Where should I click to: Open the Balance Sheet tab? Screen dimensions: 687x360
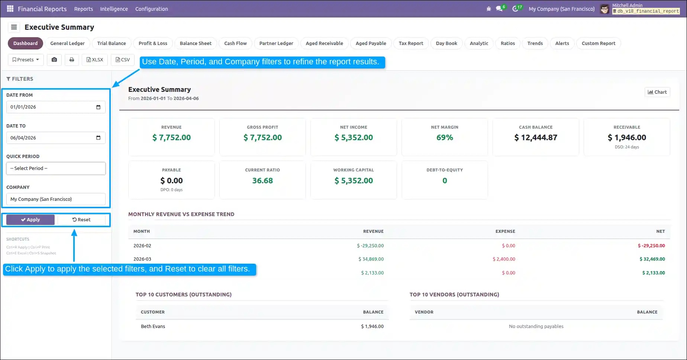pos(196,43)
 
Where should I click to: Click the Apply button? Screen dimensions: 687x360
pos(30,220)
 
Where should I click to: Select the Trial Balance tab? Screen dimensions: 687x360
pos(112,43)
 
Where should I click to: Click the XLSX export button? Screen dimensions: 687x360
pos(95,60)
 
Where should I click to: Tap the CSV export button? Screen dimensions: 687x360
pos(123,60)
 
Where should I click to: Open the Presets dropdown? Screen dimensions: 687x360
pos(26,60)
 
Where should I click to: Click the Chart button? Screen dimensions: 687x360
pos(657,92)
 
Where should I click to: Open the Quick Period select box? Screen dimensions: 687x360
pos(56,168)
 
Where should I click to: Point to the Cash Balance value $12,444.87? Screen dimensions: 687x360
pos(536,138)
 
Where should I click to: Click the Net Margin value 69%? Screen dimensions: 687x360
pos(445,138)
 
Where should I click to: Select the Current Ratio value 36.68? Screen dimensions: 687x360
pos(262,181)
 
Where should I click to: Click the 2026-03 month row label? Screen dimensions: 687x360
pos(142,259)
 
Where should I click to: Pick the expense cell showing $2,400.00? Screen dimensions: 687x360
pos(504,259)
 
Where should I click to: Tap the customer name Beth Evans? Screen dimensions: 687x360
pos(153,327)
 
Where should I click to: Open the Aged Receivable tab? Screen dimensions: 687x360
pos(325,43)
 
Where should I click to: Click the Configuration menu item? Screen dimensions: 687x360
pos(152,9)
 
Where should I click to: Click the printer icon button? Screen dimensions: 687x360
pos(72,60)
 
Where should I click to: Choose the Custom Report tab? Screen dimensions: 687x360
pos(599,43)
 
